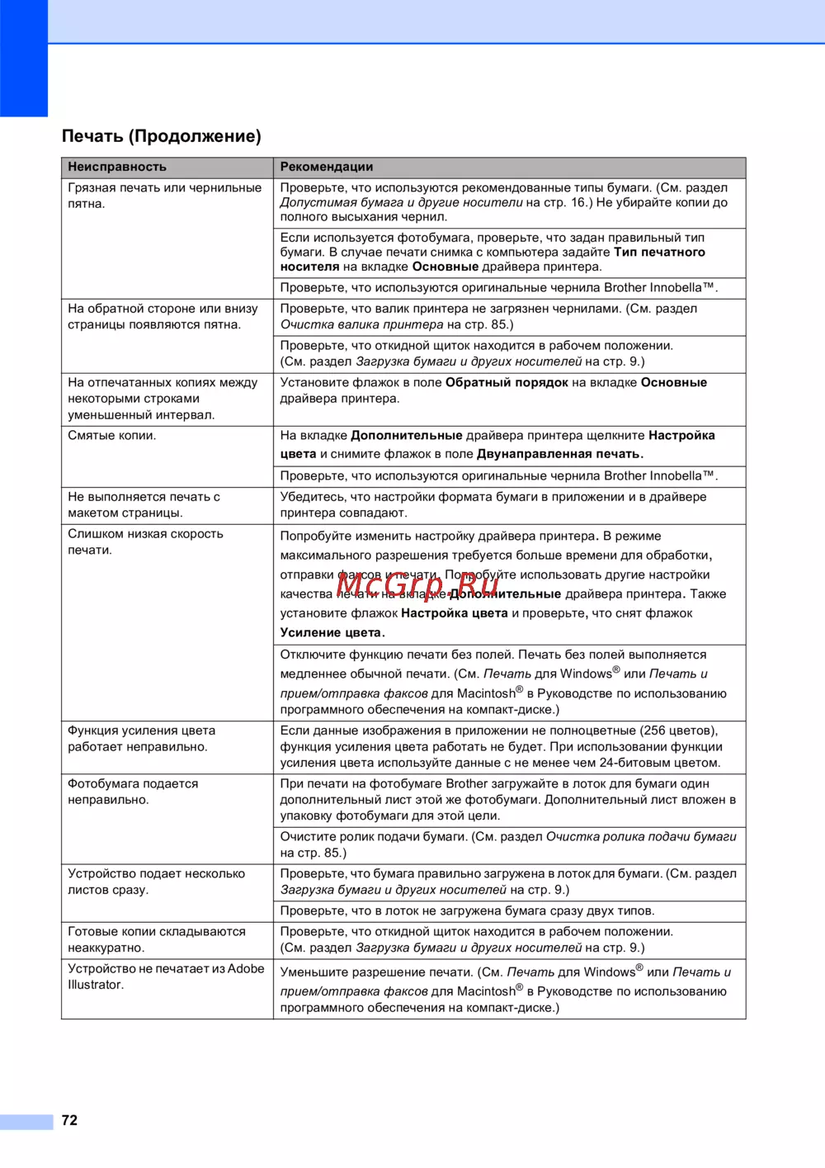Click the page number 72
tap(69, 1120)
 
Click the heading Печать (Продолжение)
tap(162, 136)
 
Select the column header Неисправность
tap(117, 167)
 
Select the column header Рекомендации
tap(327, 167)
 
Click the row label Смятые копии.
tap(112, 435)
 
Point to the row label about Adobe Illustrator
tap(165, 976)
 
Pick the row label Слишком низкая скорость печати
tap(145, 541)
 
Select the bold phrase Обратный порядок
tap(507, 382)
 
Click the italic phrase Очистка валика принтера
tap(361, 324)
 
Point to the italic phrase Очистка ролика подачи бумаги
tap(641, 836)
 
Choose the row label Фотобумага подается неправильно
tap(133, 792)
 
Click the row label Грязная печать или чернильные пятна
tap(164, 196)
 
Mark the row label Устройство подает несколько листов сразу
tap(156, 882)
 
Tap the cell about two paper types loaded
tap(467, 910)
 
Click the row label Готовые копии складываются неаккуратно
tap(156, 939)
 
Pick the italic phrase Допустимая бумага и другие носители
tap(401, 202)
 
